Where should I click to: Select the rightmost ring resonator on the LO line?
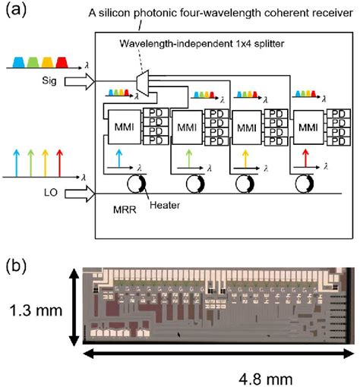pyautogui.click(x=312, y=186)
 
